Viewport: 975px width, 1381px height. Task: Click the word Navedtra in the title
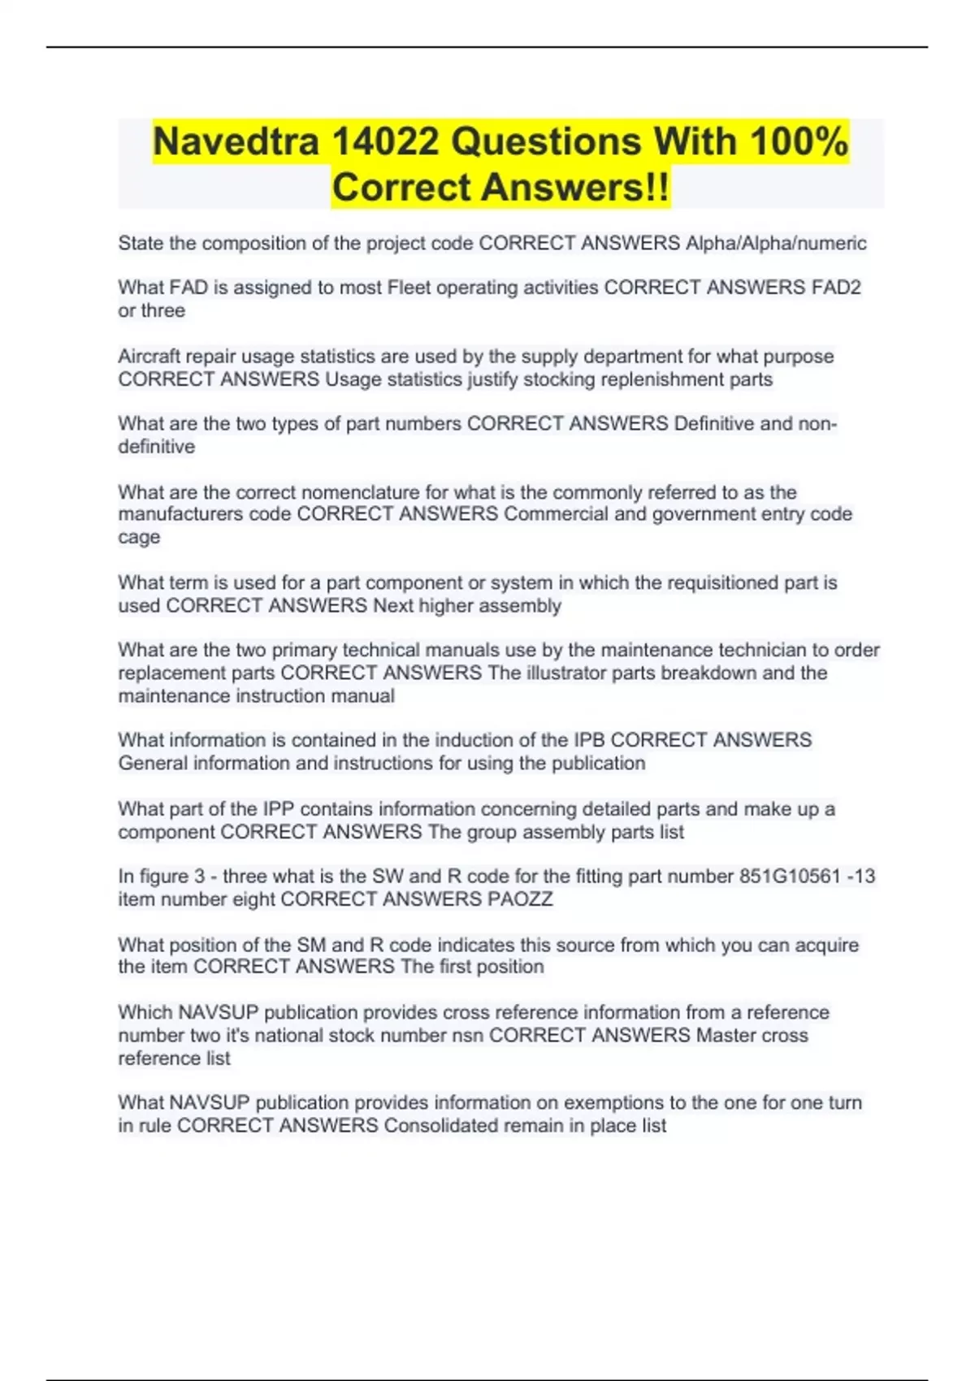(x=235, y=141)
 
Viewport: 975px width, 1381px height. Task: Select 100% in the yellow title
(x=799, y=141)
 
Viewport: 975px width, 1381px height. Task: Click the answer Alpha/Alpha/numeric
(x=776, y=243)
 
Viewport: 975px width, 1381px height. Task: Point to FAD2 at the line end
(x=836, y=288)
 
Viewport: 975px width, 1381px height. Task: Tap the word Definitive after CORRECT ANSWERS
(x=714, y=424)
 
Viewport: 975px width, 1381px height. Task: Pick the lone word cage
(x=139, y=537)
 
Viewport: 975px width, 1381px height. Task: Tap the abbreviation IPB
(x=589, y=740)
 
